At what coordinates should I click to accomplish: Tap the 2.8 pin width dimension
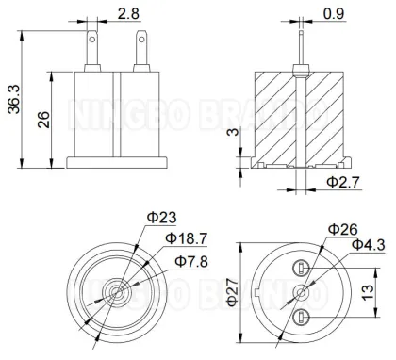[x=129, y=13]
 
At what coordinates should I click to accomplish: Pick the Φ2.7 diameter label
[x=341, y=179]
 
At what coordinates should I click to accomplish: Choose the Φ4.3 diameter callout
[x=366, y=245]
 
